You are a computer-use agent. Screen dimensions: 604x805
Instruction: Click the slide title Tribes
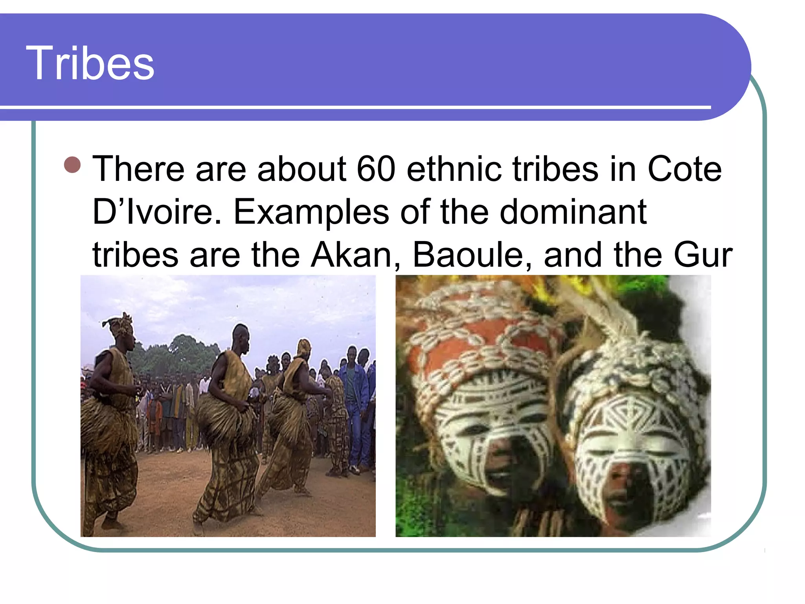[x=90, y=63]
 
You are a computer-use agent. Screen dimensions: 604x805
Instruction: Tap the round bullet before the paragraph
[x=72, y=165]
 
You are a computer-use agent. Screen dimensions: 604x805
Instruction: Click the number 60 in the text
[x=375, y=169]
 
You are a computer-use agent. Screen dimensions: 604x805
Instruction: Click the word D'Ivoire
[x=157, y=212]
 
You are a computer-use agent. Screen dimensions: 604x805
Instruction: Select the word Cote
[x=684, y=169]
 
